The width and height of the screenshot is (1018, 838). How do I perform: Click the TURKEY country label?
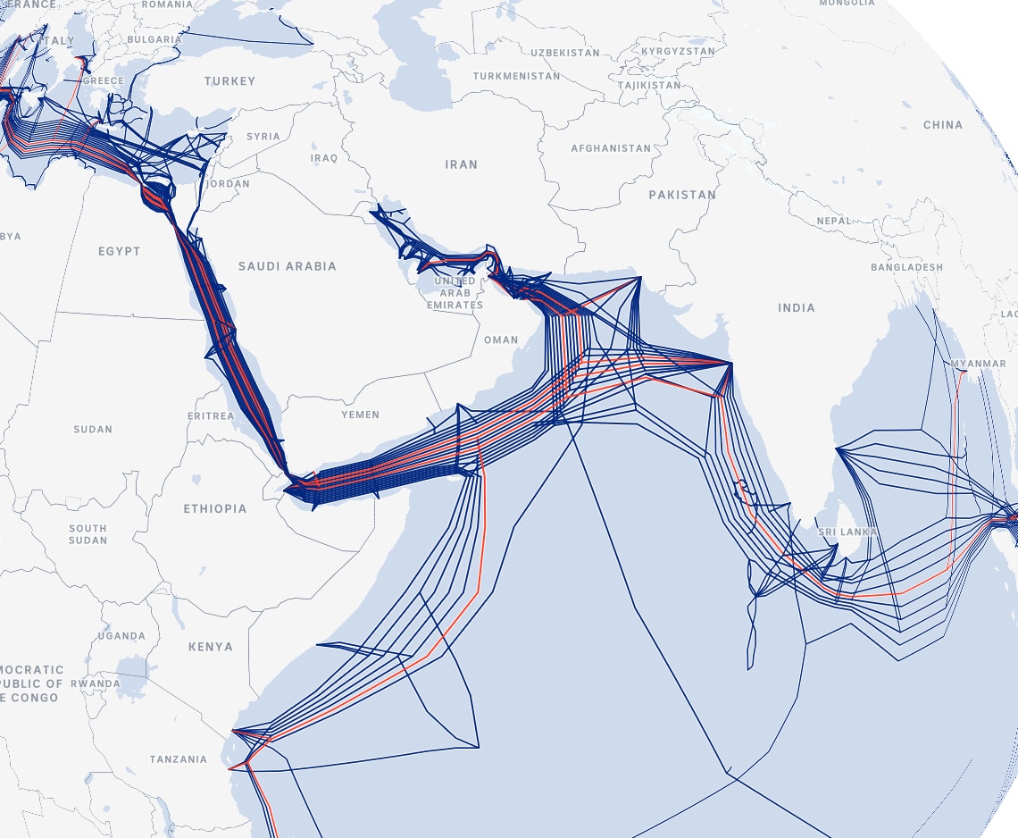[x=229, y=81]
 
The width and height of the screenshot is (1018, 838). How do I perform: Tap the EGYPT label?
[x=120, y=251]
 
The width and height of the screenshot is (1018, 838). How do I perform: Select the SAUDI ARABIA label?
[x=288, y=266]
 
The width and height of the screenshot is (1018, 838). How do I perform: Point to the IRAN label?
[x=462, y=164]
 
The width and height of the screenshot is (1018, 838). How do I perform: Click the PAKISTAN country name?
[x=682, y=195]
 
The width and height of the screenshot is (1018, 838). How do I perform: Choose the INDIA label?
[x=797, y=308]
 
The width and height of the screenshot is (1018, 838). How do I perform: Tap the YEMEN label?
[x=361, y=415]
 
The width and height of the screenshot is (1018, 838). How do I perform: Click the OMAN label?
[x=501, y=340]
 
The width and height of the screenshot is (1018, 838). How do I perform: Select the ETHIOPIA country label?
[x=215, y=508]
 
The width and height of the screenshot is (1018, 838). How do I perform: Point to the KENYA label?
[x=211, y=647]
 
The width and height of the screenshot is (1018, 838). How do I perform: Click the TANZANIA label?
[x=179, y=759]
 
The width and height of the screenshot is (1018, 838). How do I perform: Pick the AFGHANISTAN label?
[x=612, y=148]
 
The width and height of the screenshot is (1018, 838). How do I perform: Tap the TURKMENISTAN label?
[x=517, y=76]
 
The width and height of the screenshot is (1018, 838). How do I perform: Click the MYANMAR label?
[x=979, y=365]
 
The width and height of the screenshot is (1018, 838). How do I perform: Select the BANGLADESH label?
[x=906, y=267]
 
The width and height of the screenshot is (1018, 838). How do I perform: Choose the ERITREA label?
[x=211, y=416]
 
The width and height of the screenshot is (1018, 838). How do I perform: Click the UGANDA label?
[x=121, y=636]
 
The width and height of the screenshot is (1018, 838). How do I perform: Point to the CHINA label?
[x=943, y=125]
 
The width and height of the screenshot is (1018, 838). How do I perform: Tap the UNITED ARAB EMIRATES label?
[x=455, y=293]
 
